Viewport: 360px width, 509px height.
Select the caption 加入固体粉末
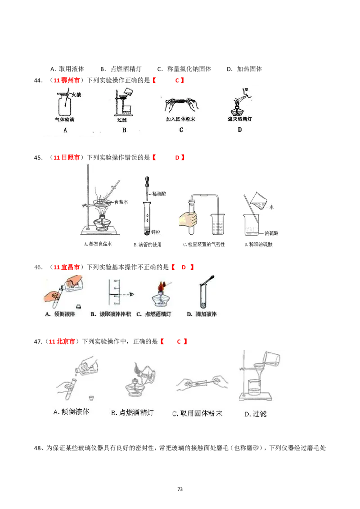click(x=180, y=119)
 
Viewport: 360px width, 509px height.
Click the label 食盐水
click(x=121, y=203)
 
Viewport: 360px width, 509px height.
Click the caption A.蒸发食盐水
click(x=98, y=245)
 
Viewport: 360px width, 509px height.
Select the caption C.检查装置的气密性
click(x=204, y=245)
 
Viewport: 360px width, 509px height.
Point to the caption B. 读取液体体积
click(x=111, y=314)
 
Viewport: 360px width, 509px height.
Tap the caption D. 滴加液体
click(x=202, y=314)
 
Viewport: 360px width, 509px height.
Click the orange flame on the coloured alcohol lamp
click(x=161, y=286)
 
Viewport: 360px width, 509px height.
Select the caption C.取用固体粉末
click(x=197, y=413)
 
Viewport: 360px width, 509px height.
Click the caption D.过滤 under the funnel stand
click(x=255, y=414)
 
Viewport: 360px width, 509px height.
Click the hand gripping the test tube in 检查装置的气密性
click(x=188, y=219)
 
